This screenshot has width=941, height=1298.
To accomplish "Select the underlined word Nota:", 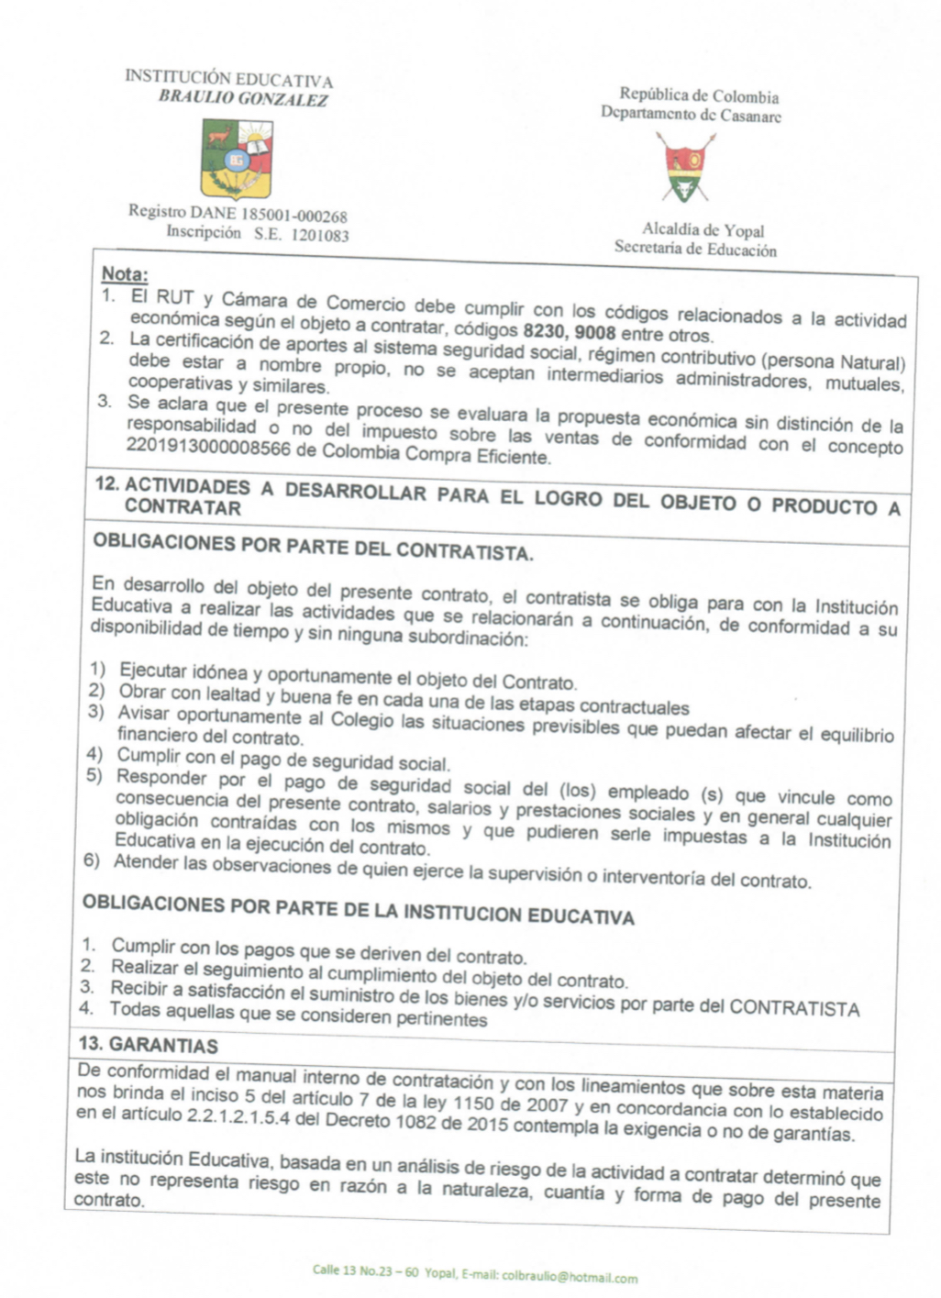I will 125,273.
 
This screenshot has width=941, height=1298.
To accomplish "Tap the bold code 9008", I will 595,332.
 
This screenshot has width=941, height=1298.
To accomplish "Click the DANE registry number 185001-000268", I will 294,216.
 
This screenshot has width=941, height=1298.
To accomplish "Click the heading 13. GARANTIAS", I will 149,1045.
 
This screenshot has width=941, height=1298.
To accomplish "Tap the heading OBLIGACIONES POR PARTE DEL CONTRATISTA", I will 313,547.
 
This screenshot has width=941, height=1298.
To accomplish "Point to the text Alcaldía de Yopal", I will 703,230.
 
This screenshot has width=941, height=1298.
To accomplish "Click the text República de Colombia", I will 699,95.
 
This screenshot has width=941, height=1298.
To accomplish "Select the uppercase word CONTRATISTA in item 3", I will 794,1008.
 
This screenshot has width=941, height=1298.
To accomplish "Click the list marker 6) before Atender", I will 92,860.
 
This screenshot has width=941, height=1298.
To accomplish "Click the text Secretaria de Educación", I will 695,249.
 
